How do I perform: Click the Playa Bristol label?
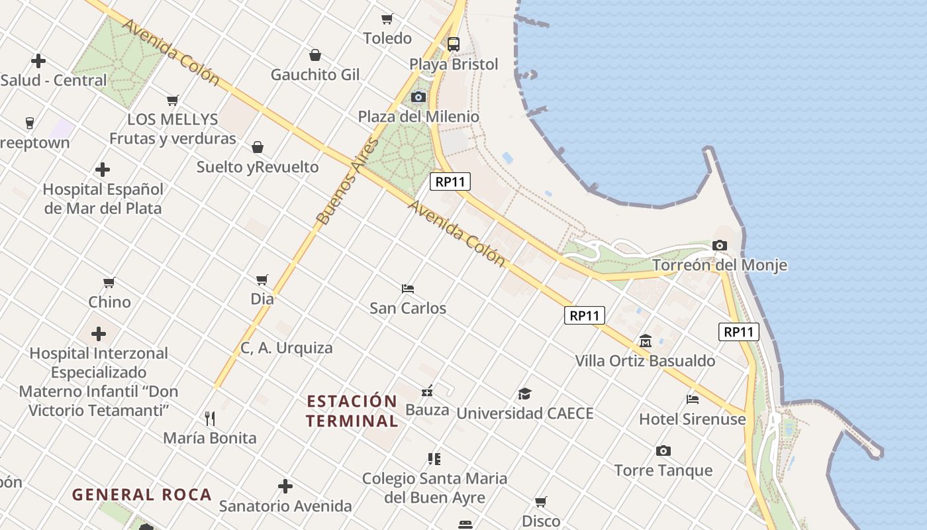454,64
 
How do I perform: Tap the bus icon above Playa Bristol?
454,44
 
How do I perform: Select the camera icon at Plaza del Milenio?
418,97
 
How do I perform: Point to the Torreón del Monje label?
720,265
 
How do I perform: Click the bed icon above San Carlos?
408,289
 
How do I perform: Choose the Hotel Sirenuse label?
692,419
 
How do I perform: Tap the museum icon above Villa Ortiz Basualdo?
646,341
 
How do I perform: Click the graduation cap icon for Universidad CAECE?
524,394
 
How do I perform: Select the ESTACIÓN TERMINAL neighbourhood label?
352,411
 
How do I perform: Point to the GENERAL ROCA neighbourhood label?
142,495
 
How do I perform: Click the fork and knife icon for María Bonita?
210,418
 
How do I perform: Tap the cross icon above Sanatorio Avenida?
285,487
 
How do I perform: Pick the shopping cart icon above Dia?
262,280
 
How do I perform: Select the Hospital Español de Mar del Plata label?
103,198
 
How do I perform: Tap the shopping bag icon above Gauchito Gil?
315,54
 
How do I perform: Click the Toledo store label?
387,38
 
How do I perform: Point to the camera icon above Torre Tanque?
663,451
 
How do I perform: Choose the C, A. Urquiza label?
287,348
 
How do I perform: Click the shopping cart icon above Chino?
109,283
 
